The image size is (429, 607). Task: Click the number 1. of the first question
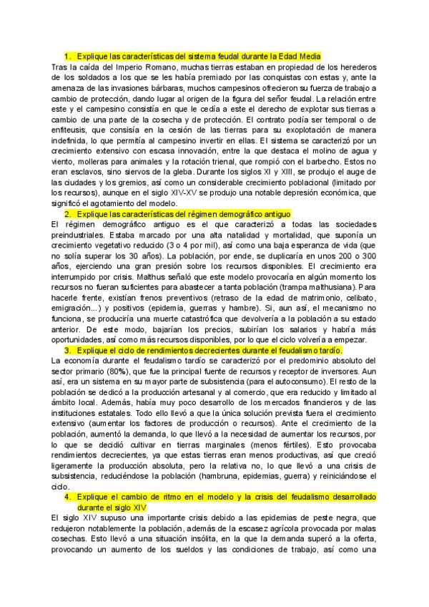[x=67, y=55]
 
